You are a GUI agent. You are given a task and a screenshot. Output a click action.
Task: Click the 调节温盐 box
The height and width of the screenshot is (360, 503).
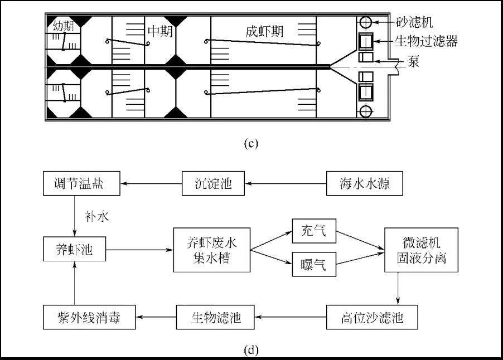point(81,183)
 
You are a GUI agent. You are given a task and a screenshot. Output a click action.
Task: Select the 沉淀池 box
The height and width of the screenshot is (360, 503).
point(213,183)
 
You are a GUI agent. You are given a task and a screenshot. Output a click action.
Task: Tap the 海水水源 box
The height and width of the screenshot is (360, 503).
point(364,183)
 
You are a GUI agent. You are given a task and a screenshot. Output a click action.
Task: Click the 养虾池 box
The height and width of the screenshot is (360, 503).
point(74,249)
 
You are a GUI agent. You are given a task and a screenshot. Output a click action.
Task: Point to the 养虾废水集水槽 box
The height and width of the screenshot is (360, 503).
point(212,250)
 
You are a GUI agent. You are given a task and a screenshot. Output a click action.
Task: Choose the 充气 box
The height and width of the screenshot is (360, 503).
point(314,231)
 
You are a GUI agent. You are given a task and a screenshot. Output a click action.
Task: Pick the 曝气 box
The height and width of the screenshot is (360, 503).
point(314,264)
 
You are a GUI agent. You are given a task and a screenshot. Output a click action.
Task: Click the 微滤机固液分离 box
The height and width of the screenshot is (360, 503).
point(421,250)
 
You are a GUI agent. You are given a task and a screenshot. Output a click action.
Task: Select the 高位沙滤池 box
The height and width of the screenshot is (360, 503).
point(372,317)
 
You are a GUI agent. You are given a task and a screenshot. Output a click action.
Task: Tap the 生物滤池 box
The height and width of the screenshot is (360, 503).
point(215,317)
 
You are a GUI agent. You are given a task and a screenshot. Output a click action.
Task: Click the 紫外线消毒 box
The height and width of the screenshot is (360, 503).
point(89,317)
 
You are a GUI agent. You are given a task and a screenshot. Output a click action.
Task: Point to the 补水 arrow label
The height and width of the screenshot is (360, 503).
point(96,217)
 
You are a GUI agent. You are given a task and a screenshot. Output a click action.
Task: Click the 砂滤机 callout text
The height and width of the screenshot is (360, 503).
point(414,22)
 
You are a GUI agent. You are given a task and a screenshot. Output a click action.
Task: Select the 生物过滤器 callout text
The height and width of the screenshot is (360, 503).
point(426,41)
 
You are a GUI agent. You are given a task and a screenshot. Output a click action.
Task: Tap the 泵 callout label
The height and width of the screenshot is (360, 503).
point(414,61)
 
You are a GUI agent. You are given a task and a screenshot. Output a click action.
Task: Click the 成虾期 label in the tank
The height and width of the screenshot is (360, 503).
point(265,31)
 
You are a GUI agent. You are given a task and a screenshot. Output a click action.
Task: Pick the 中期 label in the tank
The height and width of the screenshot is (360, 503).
point(160,31)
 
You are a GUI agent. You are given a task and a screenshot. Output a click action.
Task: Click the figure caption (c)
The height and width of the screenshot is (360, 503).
point(251,143)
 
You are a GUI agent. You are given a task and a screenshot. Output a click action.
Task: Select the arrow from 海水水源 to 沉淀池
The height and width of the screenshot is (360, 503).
point(286,184)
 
